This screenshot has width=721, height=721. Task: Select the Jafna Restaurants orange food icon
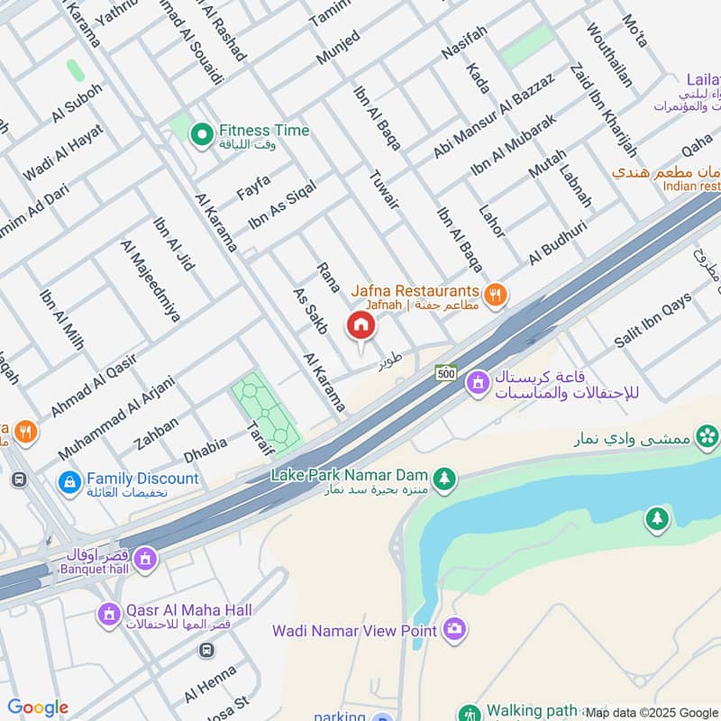495,294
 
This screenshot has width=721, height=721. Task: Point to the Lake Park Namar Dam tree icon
442,477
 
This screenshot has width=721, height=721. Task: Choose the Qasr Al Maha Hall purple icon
109,616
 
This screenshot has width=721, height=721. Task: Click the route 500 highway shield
445,372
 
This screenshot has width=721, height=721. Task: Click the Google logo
38,707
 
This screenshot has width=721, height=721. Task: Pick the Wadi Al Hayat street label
64,151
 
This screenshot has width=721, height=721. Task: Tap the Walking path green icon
468,713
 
